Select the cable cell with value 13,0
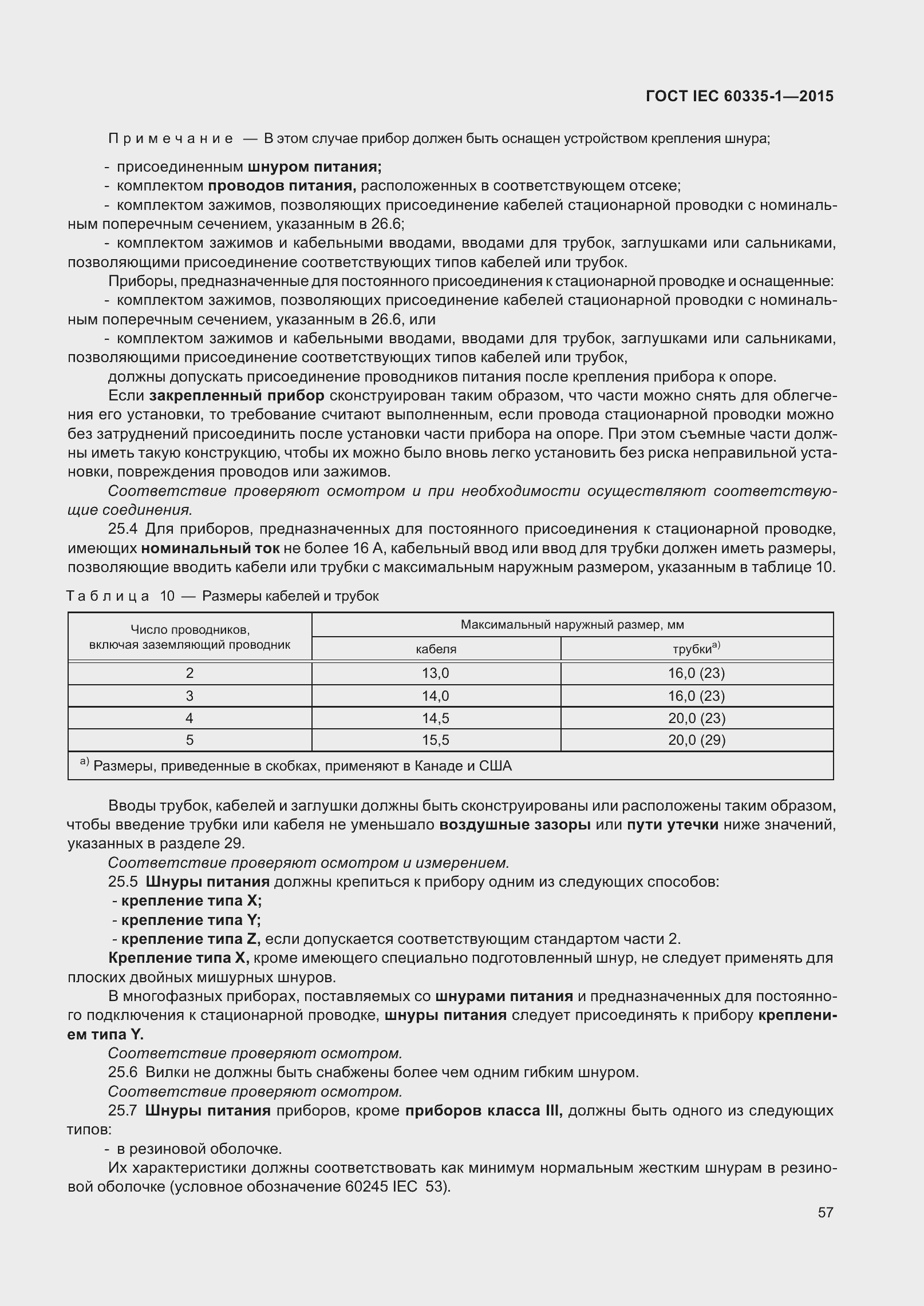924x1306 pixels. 436,673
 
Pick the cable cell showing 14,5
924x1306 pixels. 436,718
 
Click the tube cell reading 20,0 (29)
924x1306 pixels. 697,740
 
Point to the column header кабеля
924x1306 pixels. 436,649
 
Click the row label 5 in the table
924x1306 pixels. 189,740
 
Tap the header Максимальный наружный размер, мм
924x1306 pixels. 572,625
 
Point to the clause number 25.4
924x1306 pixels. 123,530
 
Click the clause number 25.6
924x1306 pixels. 123,1072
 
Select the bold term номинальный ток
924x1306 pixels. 210,549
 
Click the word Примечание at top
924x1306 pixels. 170,138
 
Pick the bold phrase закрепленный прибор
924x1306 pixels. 237,396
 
